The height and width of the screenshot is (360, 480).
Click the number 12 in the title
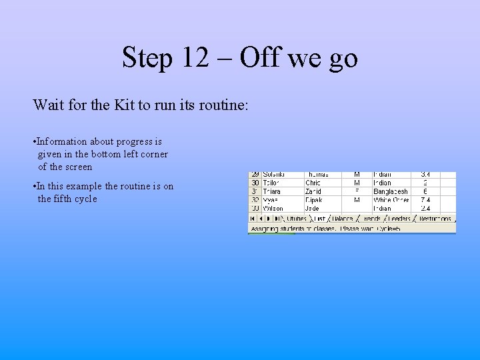[x=194, y=58]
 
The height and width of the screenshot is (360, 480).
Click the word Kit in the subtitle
[x=142, y=105]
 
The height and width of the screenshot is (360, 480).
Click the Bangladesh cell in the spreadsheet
[x=391, y=191]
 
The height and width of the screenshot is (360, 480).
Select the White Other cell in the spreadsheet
[x=391, y=200]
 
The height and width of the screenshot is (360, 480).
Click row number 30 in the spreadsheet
[x=255, y=183]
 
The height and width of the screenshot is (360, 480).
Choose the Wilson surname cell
[x=273, y=209]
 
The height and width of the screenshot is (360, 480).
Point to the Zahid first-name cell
[x=313, y=191]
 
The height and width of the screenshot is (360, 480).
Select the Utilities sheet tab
[x=296, y=218]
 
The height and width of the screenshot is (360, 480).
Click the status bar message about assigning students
[x=325, y=228]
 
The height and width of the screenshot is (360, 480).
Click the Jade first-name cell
[x=312, y=209]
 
